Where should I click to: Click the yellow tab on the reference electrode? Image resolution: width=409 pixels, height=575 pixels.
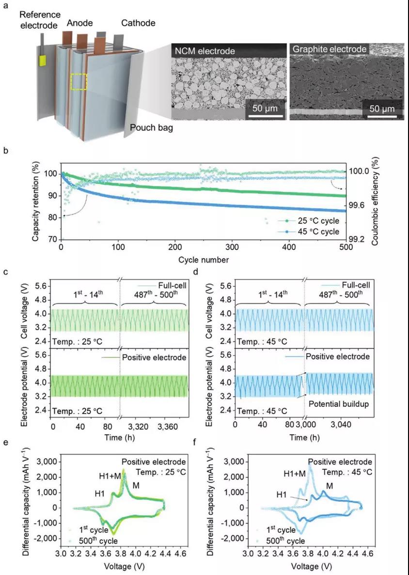point(43,61)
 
